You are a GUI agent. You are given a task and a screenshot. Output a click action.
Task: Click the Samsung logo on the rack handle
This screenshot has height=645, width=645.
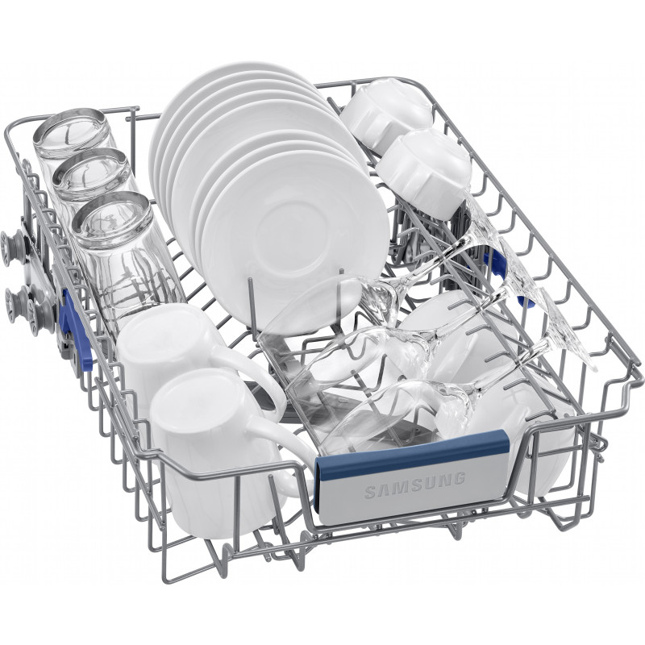point(414,486)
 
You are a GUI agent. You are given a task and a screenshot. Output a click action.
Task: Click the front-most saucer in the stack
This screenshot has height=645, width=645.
point(294,239)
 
